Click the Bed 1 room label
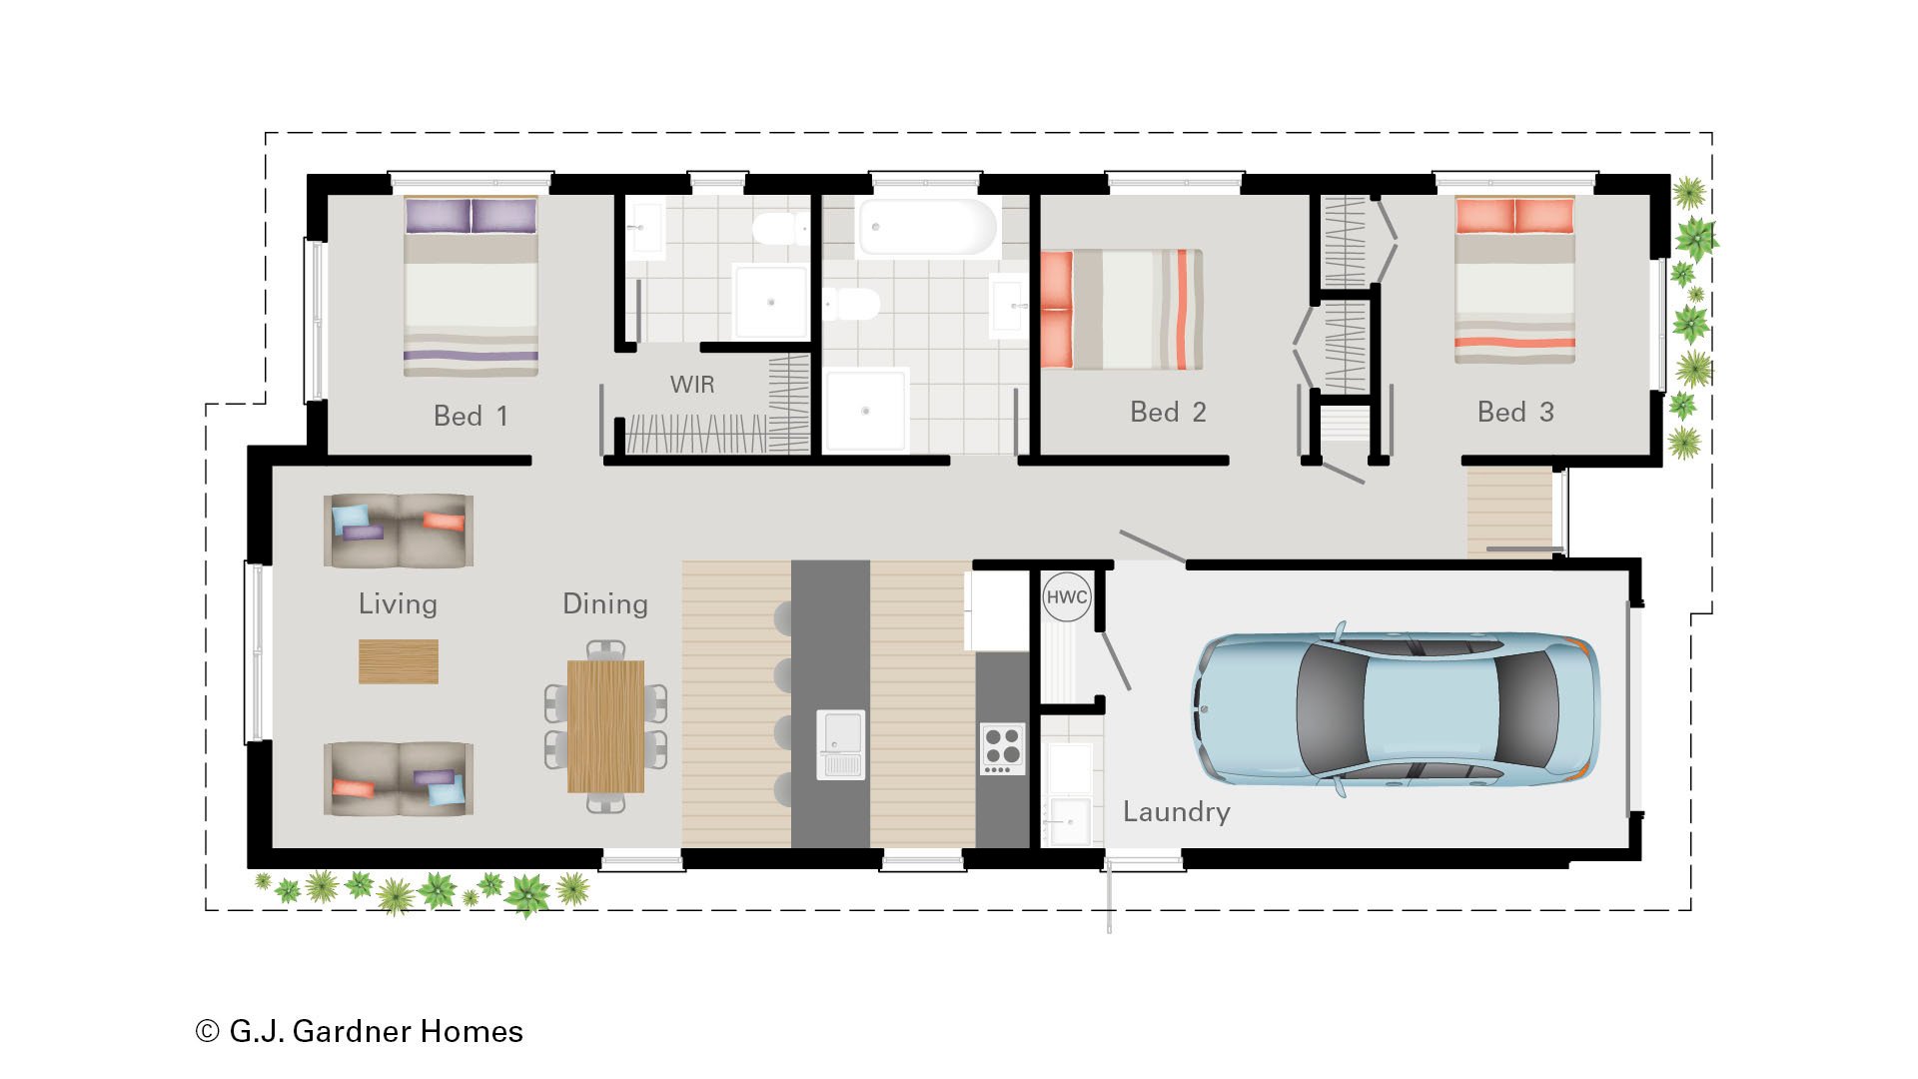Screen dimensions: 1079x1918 pos(471,416)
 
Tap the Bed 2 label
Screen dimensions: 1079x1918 pos(1168,412)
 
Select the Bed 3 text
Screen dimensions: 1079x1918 pos(1515,412)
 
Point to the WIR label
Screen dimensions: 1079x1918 pos(692,385)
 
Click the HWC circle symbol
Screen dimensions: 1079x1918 pos(1067,597)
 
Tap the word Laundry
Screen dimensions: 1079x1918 pos(1176,811)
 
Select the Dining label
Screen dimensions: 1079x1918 pos(605,603)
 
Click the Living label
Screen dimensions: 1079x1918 pos(398,603)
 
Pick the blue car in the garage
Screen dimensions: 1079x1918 pos(1396,708)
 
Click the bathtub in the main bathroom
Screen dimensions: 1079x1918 pos(926,227)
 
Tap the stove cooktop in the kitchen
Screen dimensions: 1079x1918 pos(1002,747)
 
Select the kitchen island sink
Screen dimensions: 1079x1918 pos(840,744)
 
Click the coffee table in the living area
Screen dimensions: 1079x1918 pos(398,661)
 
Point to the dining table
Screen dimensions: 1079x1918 pos(605,726)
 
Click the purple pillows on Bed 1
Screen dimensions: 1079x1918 pos(471,216)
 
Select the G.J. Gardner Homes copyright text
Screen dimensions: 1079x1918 pos(360,1031)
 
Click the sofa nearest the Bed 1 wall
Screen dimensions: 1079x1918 pos(399,531)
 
